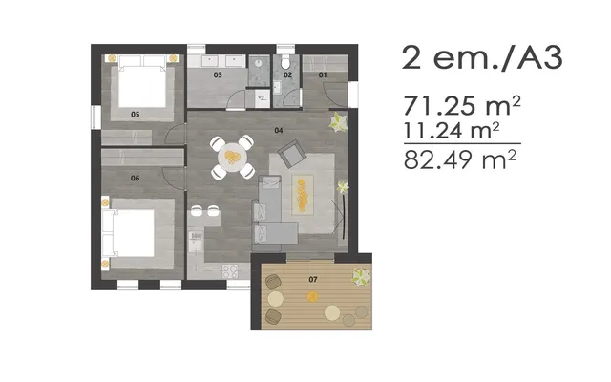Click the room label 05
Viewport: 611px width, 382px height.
pyautogui.click(x=136, y=115)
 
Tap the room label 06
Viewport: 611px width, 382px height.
pyautogui.click(x=136, y=179)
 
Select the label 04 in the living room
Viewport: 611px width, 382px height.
pyautogui.click(x=278, y=130)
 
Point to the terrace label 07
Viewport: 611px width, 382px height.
pyautogui.click(x=313, y=279)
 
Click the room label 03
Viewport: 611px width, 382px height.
pyautogui.click(x=218, y=74)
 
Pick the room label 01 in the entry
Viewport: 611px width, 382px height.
pyautogui.click(x=323, y=74)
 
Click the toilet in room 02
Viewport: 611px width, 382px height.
pyautogui.click(x=286, y=61)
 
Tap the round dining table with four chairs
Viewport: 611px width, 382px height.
pyautogui.click(x=232, y=157)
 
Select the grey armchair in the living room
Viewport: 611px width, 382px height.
pyautogui.click(x=292, y=153)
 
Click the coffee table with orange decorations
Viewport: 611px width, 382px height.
pyautogui.click(x=303, y=195)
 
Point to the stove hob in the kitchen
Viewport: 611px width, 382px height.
pyautogui.click(x=230, y=271)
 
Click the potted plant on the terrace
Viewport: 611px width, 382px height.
pyautogui.click(x=361, y=277)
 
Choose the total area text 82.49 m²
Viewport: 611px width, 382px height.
pyautogui.click(x=460, y=159)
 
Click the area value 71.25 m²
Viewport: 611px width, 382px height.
pyautogui.click(x=462, y=106)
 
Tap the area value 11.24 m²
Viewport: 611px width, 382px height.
pyautogui.click(x=452, y=131)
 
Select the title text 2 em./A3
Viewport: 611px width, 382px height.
pyautogui.click(x=482, y=57)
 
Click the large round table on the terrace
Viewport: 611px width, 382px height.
pyautogui.click(x=332, y=312)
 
